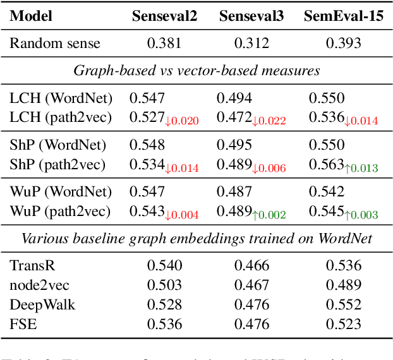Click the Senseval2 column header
click(164, 16)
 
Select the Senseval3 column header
click(251, 16)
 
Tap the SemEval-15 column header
click(344, 16)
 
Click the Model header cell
click(32, 16)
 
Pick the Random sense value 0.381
click(164, 44)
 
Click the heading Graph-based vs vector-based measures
click(196, 70)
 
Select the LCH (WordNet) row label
click(61, 98)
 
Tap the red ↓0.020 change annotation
click(182, 120)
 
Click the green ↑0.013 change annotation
click(361, 167)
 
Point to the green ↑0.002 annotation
click(269, 215)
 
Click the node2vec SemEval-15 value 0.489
click(344, 285)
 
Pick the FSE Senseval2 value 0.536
click(164, 324)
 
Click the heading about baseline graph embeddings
click(196, 239)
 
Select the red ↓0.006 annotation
click(269, 167)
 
